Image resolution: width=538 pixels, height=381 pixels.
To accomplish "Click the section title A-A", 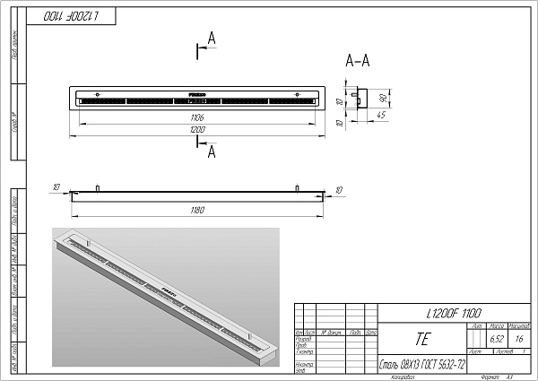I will (359, 62).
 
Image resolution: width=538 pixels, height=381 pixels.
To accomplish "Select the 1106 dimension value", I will (198, 117).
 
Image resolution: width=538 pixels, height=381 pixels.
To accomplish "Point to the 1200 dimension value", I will (198, 131).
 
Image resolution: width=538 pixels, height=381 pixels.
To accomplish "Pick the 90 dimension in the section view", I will (382, 97).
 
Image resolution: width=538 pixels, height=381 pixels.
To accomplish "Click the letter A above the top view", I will (212, 38).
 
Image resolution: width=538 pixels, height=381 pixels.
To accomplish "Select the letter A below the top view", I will (212, 153).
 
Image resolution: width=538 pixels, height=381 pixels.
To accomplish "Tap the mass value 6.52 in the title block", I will (497, 340).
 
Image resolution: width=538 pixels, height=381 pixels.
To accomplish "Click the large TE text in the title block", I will (422, 341).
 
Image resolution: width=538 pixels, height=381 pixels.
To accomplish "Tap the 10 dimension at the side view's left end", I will (56, 187).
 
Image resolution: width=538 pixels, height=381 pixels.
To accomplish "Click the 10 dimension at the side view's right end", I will (340, 190).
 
